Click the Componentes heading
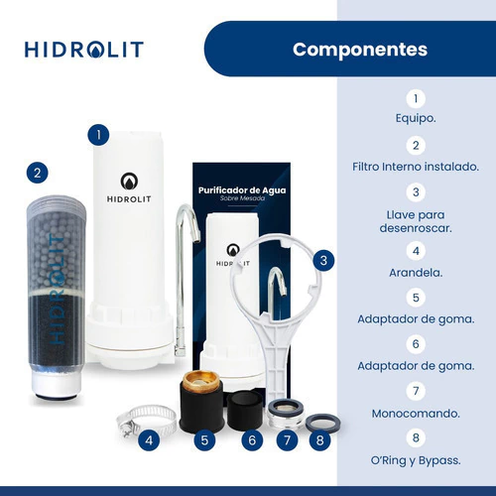coord(360,50)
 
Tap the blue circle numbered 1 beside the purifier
coord(98,135)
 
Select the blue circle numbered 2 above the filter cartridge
coord(38,173)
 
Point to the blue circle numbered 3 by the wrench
coord(323,261)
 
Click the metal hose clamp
coord(146,419)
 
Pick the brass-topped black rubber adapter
coord(201,401)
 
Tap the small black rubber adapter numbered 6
coord(245,410)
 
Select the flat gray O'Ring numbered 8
coord(322,423)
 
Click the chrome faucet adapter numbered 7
coord(286,414)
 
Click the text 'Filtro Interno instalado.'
coord(416,167)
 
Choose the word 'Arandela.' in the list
coord(416,273)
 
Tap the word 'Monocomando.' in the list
coord(416,414)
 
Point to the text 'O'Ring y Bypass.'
coord(416,460)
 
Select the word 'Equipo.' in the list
coord(416,118)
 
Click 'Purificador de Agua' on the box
coord(242,190)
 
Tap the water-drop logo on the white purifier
coord(129,182)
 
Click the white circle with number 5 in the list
coord(416,298)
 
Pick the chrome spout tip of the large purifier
coord(196,235)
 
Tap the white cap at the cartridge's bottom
coord(57,384)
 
